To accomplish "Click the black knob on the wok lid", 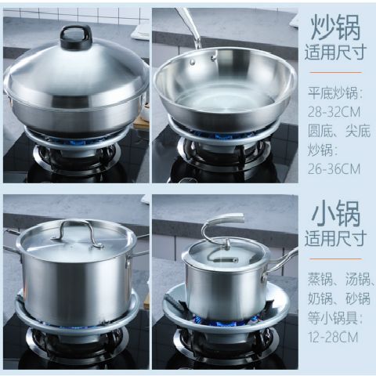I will (76, 35).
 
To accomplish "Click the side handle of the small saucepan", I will (284, 260).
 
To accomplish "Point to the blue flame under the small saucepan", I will (223, 319).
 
